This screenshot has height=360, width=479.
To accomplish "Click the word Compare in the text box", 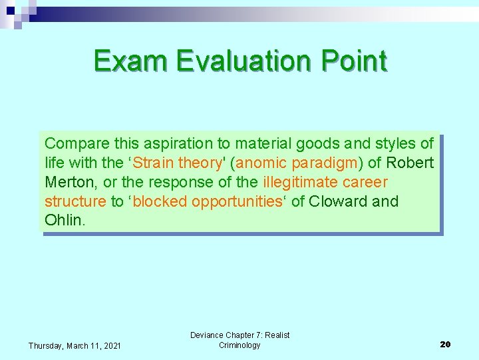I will (75, 144).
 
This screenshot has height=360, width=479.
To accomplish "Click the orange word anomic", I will (261, 163).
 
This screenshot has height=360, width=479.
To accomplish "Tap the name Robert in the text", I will (410, 163).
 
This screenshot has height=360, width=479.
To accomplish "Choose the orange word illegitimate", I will (300, 183).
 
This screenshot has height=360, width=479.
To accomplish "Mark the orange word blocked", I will (160, 202).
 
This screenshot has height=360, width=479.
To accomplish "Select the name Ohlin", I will (64, 221).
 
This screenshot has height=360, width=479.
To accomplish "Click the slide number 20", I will (445, 345).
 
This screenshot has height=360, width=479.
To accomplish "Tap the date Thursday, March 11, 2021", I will (75, 345).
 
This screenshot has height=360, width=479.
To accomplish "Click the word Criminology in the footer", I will (239, 345).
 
